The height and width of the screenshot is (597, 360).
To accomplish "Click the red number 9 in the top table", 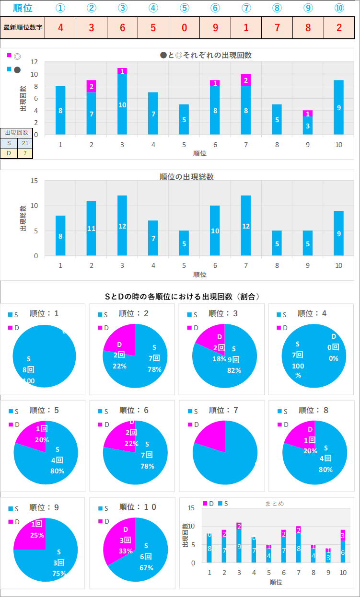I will click(215, 27).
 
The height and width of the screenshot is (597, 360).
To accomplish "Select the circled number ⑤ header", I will click(185, 8).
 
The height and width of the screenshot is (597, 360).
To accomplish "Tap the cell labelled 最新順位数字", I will click(23, 27).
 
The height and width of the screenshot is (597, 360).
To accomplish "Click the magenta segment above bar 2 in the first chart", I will click(91, 86).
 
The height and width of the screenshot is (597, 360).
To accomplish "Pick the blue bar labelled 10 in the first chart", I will click(122, 104).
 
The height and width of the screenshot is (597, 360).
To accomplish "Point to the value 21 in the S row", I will click(25, 143).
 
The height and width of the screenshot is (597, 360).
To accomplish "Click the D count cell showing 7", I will click(25, 153).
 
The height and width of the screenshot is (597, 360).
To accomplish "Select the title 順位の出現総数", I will click(186, 177).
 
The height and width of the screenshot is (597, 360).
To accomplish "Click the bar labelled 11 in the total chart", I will click(91, 228).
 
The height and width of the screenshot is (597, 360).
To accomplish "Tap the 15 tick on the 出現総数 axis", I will click(34, 181).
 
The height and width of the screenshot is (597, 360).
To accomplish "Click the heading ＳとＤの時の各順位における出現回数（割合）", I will click(182, 297).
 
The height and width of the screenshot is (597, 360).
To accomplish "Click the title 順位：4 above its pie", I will click(312, 313).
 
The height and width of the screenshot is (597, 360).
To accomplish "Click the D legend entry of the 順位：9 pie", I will click(14, 521).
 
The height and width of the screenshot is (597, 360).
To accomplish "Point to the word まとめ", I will click(274, 504).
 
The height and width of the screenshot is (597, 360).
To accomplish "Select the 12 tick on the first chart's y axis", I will click(34, 62).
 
